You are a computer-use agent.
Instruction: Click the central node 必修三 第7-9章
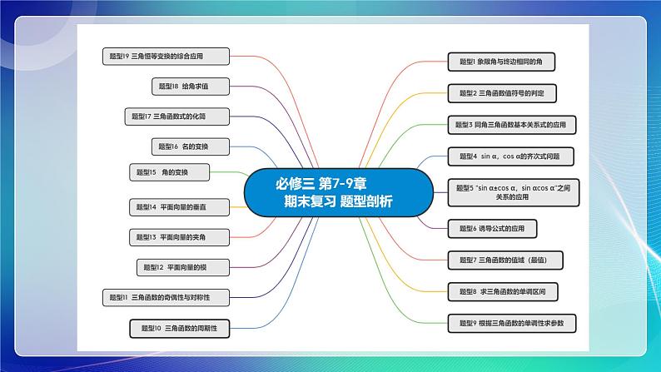coord(337,191)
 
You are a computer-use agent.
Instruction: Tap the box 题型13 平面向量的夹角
coord(173,237)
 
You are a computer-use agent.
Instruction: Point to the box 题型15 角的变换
coord(169,172)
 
